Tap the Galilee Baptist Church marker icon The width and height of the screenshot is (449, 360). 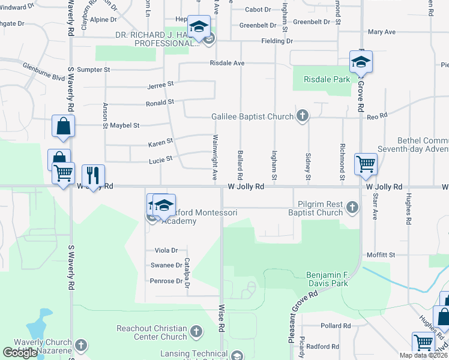coord(303,116)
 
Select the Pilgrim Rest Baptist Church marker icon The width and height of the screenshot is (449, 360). coord(352,208)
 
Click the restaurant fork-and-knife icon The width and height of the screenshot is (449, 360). coord(93,175)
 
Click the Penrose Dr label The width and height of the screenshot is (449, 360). coord(166,281)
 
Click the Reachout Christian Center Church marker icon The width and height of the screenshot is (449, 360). coord(196,331)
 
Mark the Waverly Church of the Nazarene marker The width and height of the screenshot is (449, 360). coord(81,346)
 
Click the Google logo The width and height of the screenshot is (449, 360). coord(20,353)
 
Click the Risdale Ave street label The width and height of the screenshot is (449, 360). coord(227,63)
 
